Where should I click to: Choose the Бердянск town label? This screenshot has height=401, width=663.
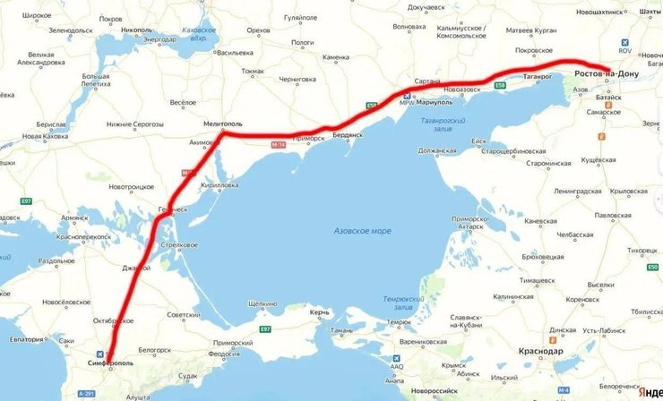(347, 134)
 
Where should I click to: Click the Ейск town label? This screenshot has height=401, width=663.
(479, 141)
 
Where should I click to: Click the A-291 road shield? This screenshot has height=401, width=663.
(86, 393)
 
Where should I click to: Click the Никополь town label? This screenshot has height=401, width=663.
(137, 30)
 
